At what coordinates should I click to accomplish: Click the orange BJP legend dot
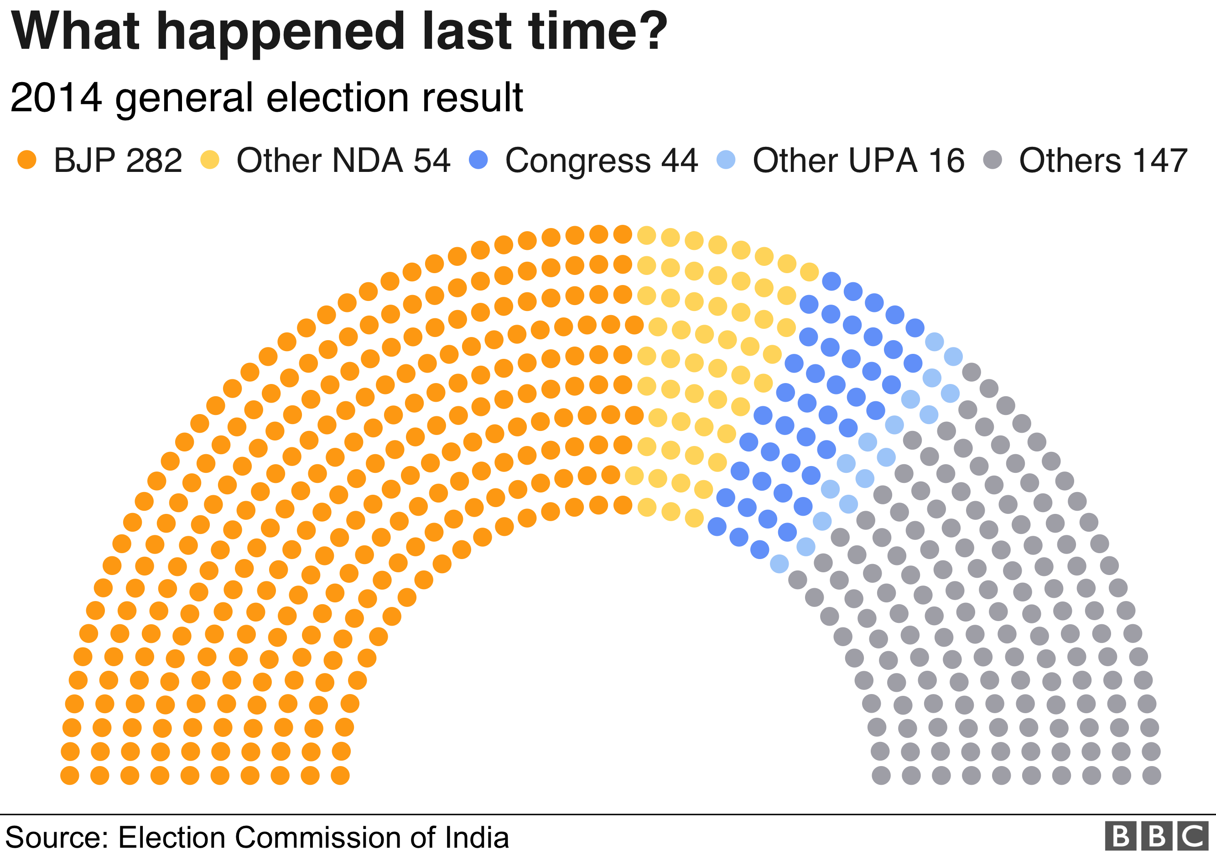tap(26, 159)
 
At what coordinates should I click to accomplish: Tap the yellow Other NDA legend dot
tap(210, 159)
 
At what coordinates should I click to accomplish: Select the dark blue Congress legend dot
tap(478, 159)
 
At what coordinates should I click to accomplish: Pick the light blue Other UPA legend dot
tap(726, 159)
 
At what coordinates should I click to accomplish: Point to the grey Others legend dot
tap(993, 159)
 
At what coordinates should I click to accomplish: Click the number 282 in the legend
tap(154, 160)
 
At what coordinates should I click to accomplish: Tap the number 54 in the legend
tap(431, 160)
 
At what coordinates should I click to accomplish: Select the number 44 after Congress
tap(680, 160)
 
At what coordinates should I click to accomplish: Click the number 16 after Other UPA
tap(946, 160)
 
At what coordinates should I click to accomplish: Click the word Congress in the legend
tap(577, 161)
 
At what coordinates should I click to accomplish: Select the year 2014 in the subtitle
tap(56, 98)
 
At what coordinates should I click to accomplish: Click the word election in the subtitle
tap(338, 98)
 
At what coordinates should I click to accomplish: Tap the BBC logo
tap(1156, 836)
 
